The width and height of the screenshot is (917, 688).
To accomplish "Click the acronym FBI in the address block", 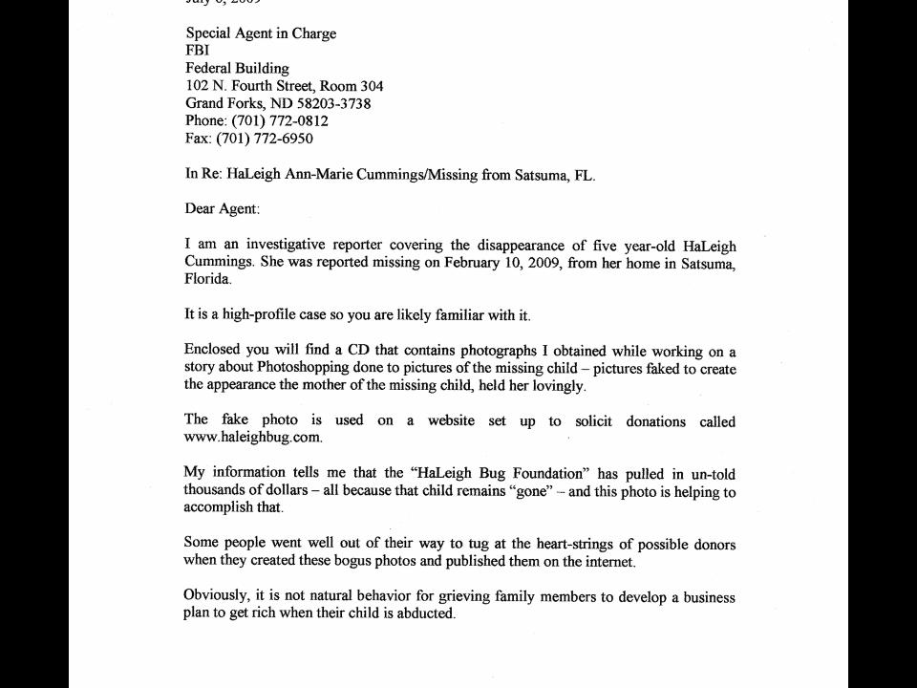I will pyautogui.click(x=197, y=51).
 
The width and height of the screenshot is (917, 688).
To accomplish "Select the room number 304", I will pyautogui.click(x=371, y=86).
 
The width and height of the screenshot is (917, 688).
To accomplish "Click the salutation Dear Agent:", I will pyautogui.click(x=222, y=208).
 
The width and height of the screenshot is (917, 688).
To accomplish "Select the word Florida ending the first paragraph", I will pyautogui.click(x=206, y=280).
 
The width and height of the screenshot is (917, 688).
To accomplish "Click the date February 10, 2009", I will pyautogui.click(x=503, y=263).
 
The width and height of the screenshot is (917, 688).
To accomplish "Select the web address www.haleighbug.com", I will pyautogui.click(x=252, y=438).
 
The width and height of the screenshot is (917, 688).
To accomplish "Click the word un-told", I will pyautogui.click(x=713, y=474).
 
